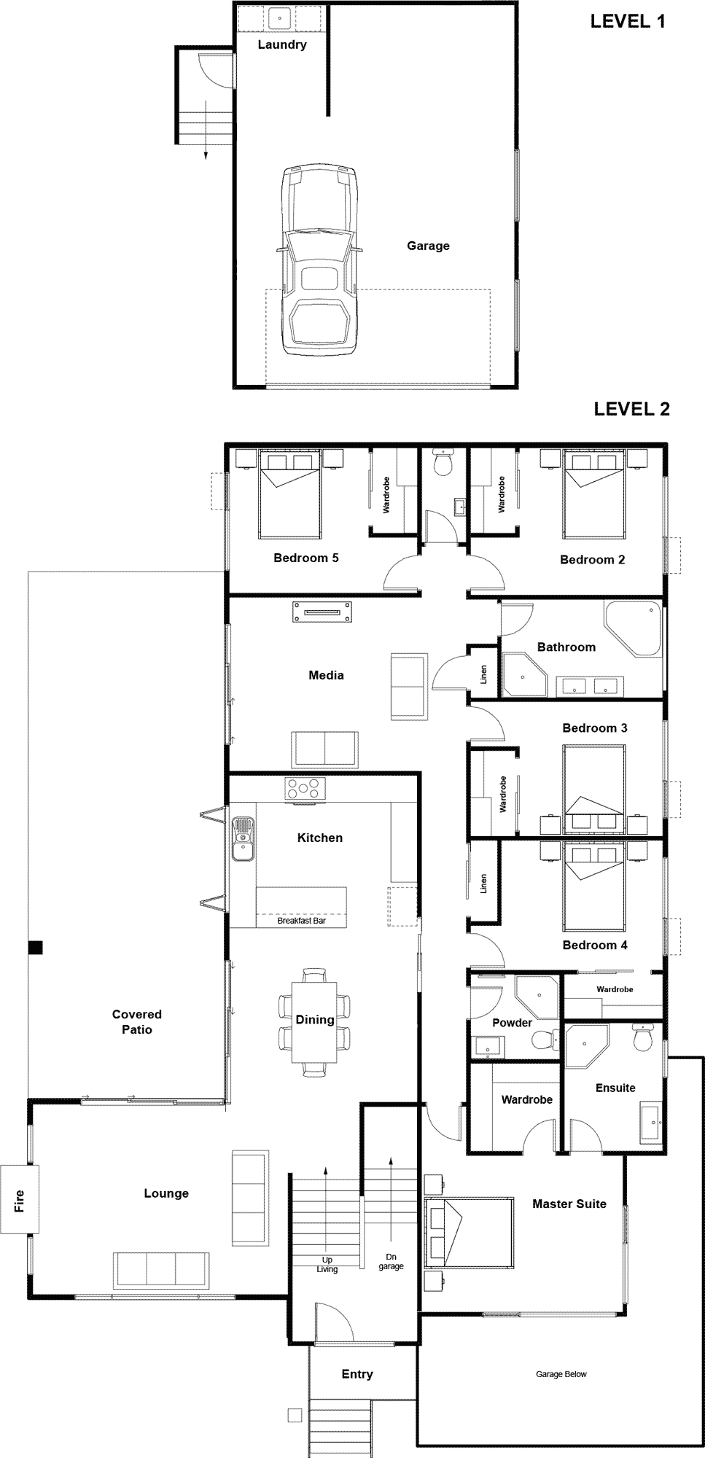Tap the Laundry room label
click(x=282, y=44)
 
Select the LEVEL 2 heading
click(x=631, y=409)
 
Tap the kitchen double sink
click(x=242, y=839)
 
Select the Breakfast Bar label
click(x=301, y=921)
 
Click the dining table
click(x=315, y=1021)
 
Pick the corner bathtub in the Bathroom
click(x=632, y=629)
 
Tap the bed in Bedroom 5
click(x=289, y=495)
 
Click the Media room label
click(x=326, y=675)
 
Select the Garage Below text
click(x=561, y=1374)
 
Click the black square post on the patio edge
click(x=35, y=948)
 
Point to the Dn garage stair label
click(x=392, y=1261)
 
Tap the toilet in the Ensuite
click(x=642, y=1039)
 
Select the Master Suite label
click(x=569, y=1204)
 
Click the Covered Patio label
click(x=137, y=1022)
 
